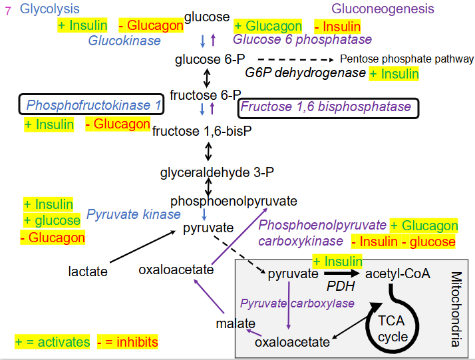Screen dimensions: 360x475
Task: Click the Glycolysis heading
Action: (x=50, y=9)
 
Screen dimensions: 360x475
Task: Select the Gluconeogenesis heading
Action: (x=383, y=9)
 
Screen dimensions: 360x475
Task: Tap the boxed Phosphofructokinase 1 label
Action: (x=94, y=105)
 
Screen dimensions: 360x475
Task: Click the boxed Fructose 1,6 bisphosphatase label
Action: (x=326, y=107)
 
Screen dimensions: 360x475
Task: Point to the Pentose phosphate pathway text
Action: (x=407, y=59)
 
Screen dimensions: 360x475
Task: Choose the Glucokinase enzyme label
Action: (x=124, y=41)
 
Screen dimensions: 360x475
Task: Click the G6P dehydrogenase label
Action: (x=305, y=73)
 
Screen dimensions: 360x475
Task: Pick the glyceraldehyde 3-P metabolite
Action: (x=208, y=174)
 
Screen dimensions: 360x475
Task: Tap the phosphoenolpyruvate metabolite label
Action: (x=234, y=201)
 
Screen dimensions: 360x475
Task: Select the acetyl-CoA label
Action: (x=398, y=273)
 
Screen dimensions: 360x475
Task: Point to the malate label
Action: (x=236, y=323)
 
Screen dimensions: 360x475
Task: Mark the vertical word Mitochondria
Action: (x=457, y=309)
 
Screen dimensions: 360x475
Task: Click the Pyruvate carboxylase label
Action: (x=297, y=303)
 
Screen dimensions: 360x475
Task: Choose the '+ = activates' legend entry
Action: (x=53, y=342)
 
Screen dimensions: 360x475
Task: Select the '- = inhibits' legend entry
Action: (x=127, y=342)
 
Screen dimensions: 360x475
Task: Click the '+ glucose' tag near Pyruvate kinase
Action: (x=51, y=221)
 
